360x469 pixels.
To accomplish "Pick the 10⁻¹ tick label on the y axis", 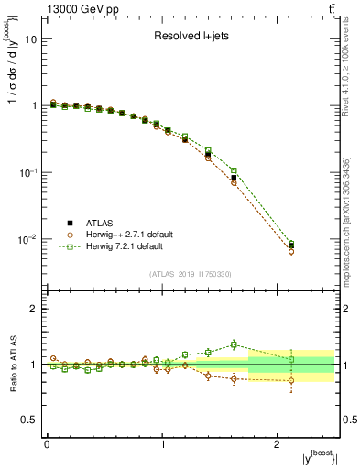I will click(27, 173).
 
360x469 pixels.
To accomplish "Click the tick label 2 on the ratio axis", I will click(35, 309).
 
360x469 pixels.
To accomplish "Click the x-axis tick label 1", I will click(162, 443).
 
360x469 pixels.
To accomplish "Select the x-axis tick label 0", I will click(47, 443).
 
